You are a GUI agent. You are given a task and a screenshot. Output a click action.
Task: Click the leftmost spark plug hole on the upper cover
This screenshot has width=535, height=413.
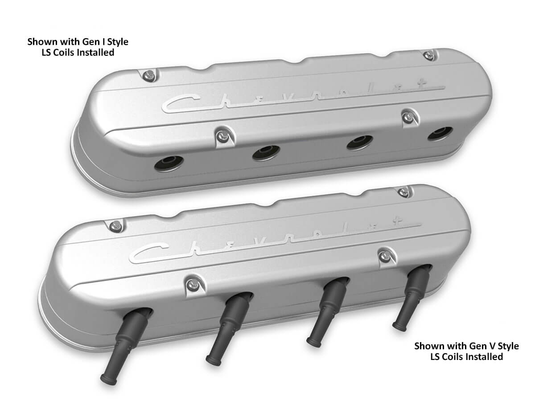169,164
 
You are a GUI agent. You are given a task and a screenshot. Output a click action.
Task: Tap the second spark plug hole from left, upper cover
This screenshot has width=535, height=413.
266,153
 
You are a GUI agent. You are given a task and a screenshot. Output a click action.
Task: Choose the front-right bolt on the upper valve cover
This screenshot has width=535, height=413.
406,117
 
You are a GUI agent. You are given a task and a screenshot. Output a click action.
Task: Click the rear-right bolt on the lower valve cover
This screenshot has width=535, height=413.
404,192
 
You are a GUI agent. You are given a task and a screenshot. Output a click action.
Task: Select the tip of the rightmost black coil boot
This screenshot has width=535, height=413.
398,327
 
